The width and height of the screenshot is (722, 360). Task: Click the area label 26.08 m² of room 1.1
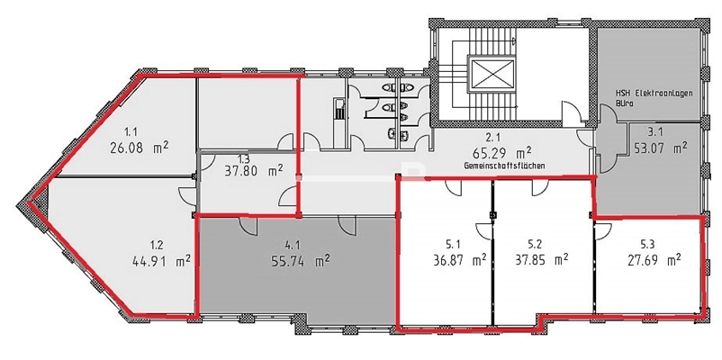tap(139, 148)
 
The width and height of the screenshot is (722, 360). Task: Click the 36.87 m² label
tap(460, 261)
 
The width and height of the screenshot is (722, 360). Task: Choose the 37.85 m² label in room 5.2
tap(540, 261)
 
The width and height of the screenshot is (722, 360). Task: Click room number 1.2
tap(155, 244)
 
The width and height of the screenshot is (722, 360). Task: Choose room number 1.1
tap(131, 131)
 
